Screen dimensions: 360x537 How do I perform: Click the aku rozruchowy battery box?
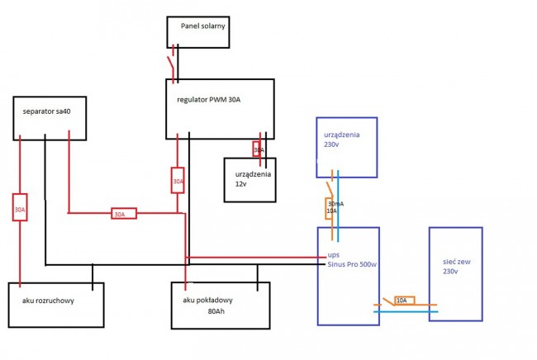pos(56,305)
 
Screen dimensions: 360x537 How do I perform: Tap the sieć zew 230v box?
pos(454,273)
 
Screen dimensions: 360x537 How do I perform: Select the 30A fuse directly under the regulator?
pos(178,181)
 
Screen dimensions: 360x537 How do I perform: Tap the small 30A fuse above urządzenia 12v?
pos(258,149)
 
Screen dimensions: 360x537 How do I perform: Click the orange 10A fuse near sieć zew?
pos(405,301)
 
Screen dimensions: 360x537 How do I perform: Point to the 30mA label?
pos(335,203)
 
